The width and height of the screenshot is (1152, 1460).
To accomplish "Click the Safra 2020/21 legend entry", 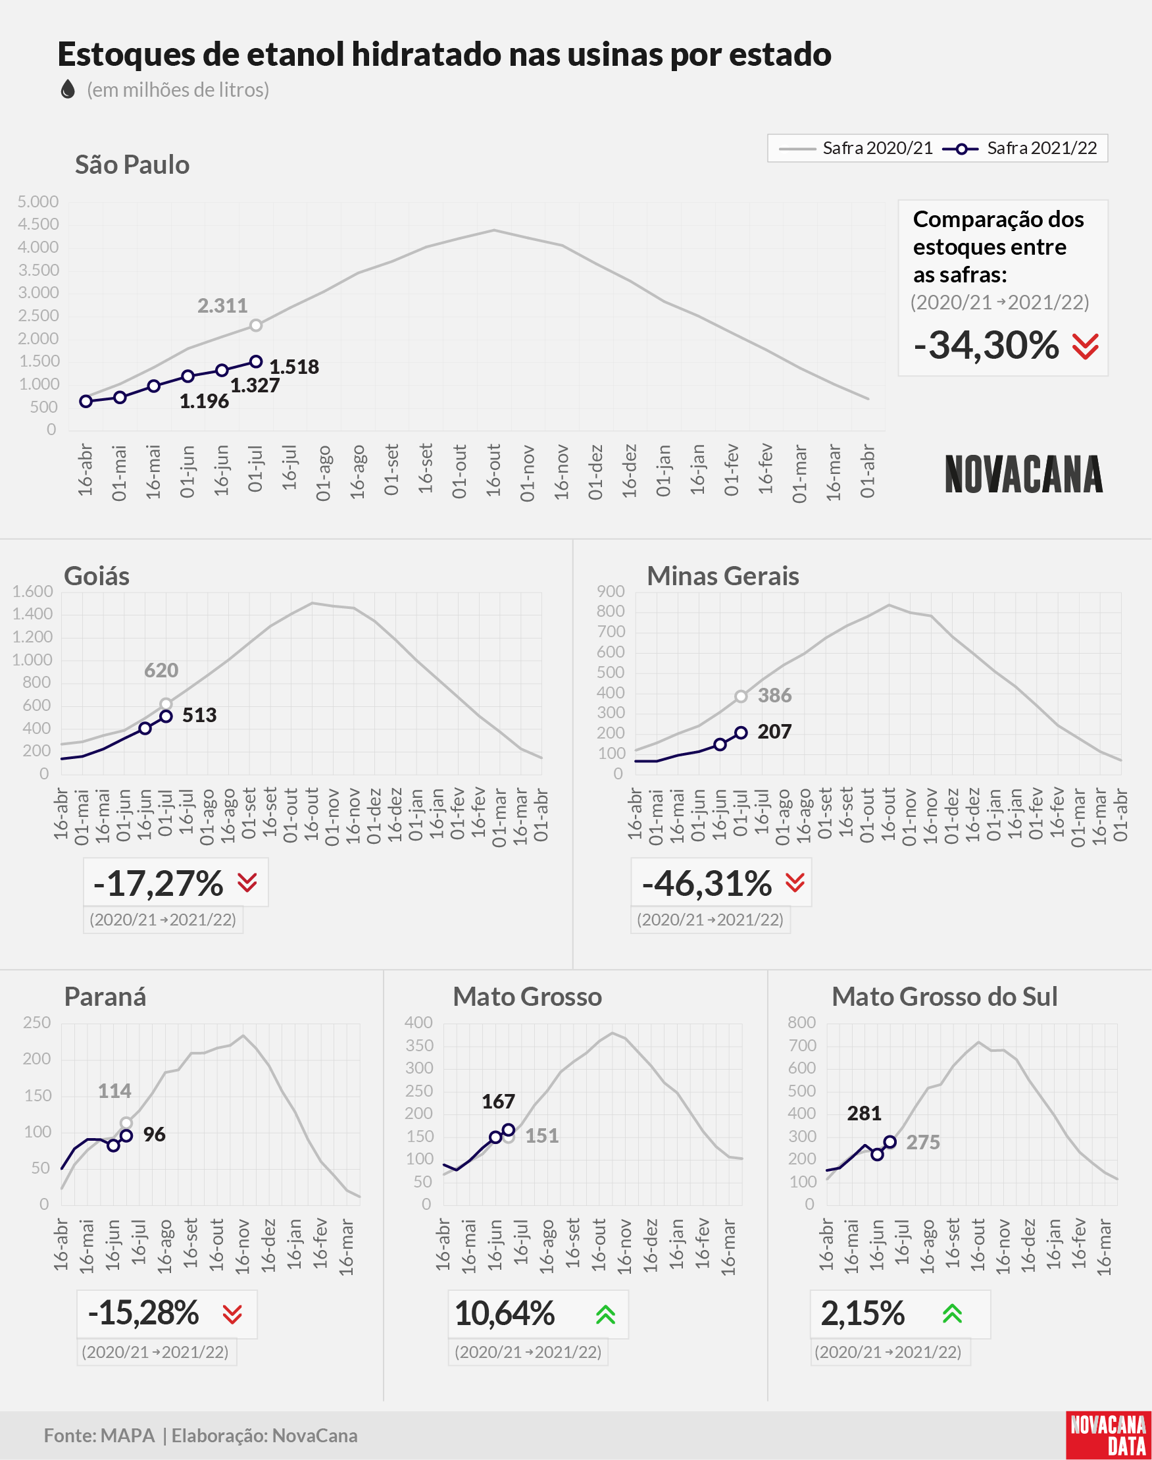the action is tap(855, 148).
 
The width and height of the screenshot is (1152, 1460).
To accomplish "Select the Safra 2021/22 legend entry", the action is tap(1020, 148).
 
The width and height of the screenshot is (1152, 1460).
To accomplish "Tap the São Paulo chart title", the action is tap(132, 165).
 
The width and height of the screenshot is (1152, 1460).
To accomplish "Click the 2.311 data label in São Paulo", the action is tap(222, 305).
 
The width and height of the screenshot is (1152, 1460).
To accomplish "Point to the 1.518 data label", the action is tap(294, 367).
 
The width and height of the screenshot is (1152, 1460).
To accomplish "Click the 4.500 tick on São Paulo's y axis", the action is tap(38, 224).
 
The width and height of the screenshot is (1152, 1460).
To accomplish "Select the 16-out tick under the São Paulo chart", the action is tap(493, 470).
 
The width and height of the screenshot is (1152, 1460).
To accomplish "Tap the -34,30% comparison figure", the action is tap(987, 345).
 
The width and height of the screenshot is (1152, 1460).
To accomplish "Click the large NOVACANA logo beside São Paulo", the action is tap(1024, 474).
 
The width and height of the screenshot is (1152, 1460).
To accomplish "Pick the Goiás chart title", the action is tap(97, 576).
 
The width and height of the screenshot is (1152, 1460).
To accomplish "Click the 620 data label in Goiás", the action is tap(161, 670).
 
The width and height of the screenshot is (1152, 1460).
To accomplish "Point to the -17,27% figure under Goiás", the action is tap(159, 883).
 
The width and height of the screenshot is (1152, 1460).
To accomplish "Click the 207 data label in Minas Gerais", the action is tap(774, 731).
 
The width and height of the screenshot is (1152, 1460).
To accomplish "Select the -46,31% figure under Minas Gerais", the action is tap(707, 883).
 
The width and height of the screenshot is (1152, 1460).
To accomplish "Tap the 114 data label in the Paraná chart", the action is tap(114, 1091).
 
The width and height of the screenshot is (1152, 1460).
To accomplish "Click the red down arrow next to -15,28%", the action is tap(232, 1315).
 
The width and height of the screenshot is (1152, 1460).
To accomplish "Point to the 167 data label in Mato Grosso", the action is tap(499, 1101).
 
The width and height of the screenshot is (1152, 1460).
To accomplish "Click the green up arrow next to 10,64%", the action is tap(606, 1314).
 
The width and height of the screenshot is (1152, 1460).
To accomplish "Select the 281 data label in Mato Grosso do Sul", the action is tap(864, 1113).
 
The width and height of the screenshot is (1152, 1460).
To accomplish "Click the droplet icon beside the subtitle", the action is tap(68, 89).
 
